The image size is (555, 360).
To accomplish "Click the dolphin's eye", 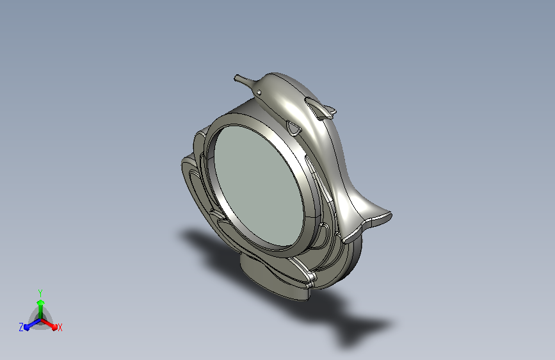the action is pyautogui.click(x=259, y=92).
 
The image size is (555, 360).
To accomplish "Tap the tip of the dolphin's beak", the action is pyautogui.click(x=236, y=78).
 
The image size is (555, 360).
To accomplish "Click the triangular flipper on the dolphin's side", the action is pyautogui.click(x=293, y=128).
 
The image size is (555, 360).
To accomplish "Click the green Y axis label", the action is pyautogui.click(x=40, y=293).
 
